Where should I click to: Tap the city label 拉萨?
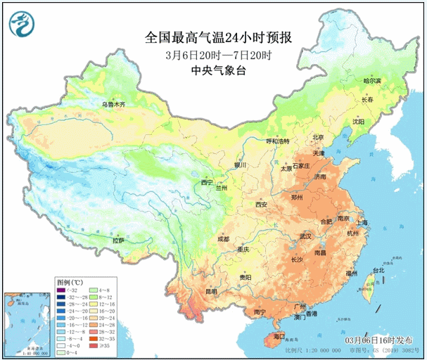(x=118, y=240)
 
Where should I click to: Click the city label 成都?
(x=223, y=238)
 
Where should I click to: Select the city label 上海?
(x=363, y=223)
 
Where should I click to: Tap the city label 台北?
(x=378, y=270)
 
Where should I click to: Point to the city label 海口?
(x=279, y=337)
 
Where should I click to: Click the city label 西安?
(x=262, y=205)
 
